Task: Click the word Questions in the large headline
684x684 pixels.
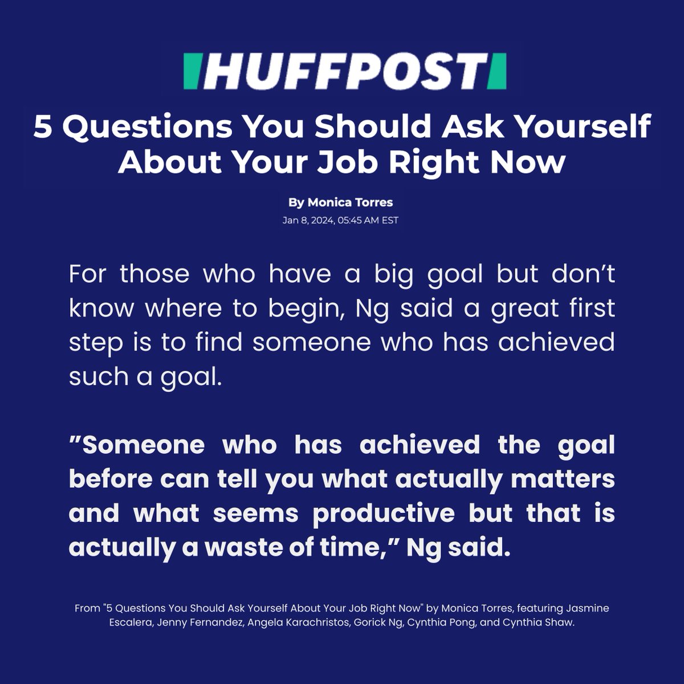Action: click(147, 127)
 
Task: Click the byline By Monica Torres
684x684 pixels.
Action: click(341, 202)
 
